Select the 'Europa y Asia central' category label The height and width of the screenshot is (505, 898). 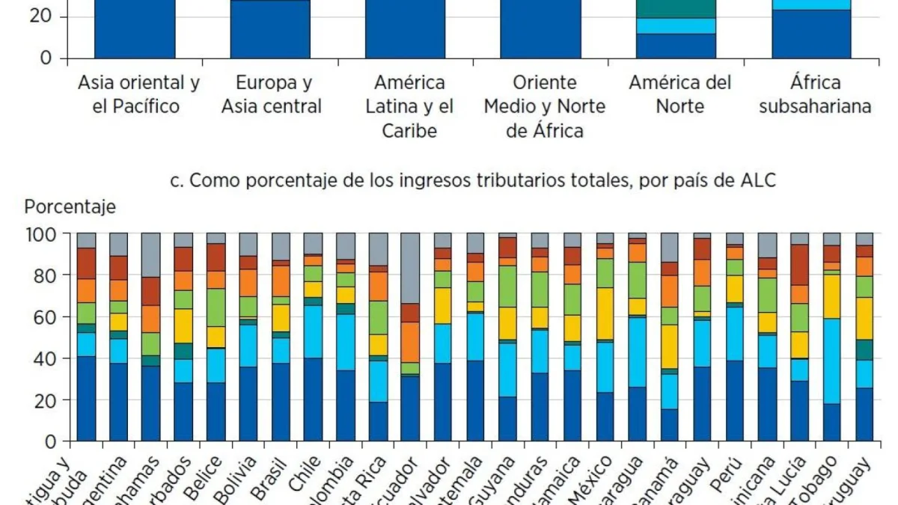271,94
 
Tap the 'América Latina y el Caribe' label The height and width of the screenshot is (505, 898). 409,105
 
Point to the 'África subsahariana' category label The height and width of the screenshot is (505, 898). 815,94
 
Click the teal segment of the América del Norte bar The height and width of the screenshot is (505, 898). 676,8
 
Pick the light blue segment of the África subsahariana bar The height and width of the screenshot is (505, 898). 811,4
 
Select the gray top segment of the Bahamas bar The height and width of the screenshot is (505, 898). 151,255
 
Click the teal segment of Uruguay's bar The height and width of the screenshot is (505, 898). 864,349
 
